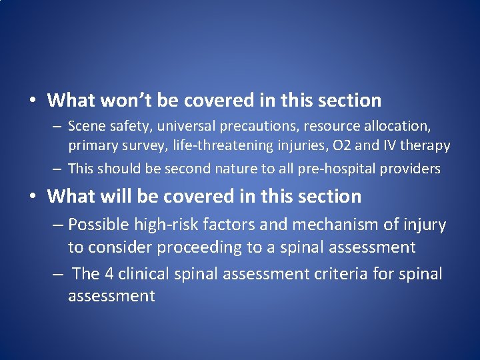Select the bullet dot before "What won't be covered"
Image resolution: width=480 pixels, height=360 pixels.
click(32, 101)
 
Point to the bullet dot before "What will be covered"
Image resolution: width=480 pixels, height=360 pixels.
click(32, 197)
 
